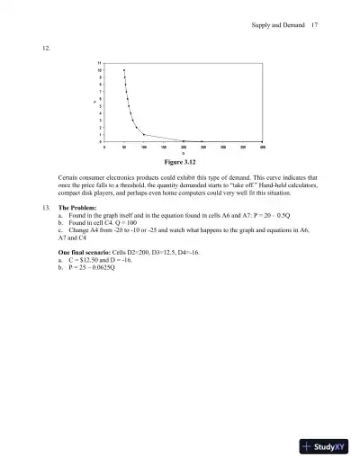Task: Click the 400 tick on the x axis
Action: pos(263,148)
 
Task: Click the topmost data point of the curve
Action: pos(124,69)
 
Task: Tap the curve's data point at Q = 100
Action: pos(144,134)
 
